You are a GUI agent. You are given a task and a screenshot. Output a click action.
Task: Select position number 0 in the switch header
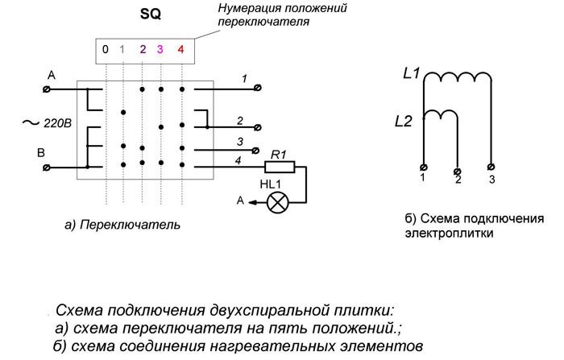(105, 49)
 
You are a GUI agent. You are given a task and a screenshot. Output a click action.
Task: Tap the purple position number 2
(142, 49)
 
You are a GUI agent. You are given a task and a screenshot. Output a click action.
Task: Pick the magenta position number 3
(160, 49)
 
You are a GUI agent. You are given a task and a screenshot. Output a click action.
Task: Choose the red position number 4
(180, 49)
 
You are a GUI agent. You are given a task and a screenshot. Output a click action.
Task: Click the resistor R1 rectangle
(280, 167)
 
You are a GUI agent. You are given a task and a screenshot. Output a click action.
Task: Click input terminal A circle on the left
(48, 89)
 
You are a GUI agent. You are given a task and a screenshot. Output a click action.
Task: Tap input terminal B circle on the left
(48, 166)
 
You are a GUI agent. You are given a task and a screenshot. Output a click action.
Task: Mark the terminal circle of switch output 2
(257, 127)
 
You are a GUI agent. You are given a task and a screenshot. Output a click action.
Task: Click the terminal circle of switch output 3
(257, 150)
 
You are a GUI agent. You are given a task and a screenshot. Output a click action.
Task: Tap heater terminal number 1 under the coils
(424, 168)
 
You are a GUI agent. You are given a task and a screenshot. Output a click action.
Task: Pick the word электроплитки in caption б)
(447, 234)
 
